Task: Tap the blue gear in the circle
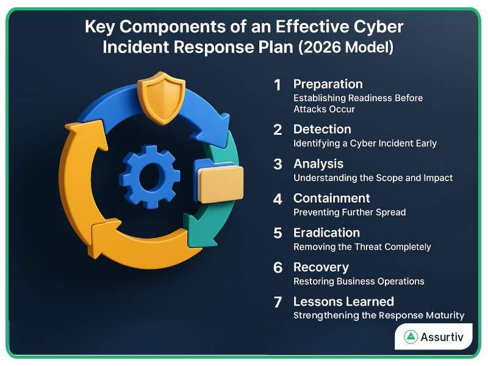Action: pyautogui.click(x=149, y=176)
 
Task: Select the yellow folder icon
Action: pyautogui.click(x=220, y=182)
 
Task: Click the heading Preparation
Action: pyautogui.click(x=328, y=84)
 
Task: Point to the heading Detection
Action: pyautogui.click(x=322, y=129)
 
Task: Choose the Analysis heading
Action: pyautogui.click(x=318, y=163)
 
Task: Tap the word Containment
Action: pyautogui.click(x=331, y=198)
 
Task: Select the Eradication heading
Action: pyautogui.click(x=326, y=232)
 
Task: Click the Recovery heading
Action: pyautogui.click(x=321, y=267)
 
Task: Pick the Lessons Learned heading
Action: pyautogui.click(x=343, y=301)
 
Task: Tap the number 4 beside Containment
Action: pyautogui.click(x=278, y=199)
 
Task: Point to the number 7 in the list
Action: pyautogui.click(x=278, y=303)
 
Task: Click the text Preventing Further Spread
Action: pyautogui.click(x=350, y=212)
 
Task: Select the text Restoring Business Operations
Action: pyautogui.click(x=359, y=281)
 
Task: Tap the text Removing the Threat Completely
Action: pyautogui.click(x=362, y=247)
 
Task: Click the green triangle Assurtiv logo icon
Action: pyautogui.click(x=411, y=336)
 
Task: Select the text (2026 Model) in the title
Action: pyautogui.click(x=346, y=48)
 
